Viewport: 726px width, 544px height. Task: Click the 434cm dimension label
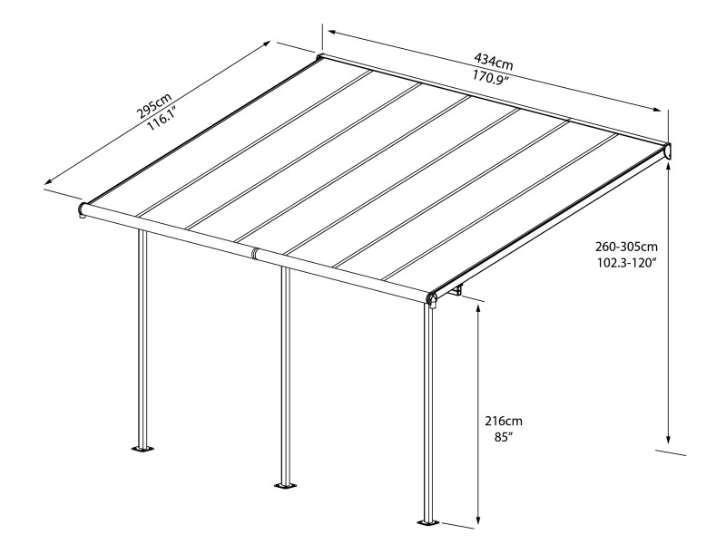(x=494, y=63)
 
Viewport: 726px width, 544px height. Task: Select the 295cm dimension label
(x=152, y=107)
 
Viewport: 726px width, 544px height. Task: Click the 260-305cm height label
(x=626, y=248)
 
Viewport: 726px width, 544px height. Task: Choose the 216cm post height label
(x=504, y=422)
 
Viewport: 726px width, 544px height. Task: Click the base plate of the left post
(x=142, y=448)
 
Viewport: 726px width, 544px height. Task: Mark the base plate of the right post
(x=427, y=522)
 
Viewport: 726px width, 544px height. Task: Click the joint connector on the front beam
(x=257, y=253)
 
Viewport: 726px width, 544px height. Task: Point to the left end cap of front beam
(x=82, y=210)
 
